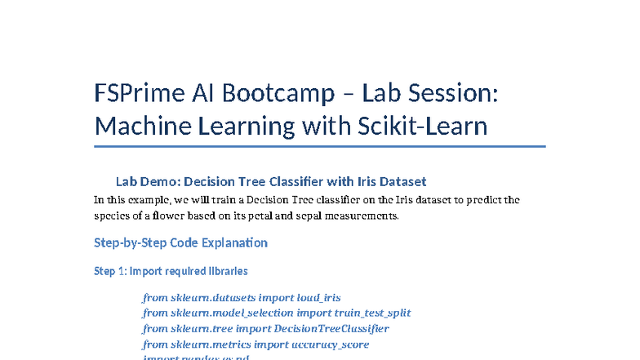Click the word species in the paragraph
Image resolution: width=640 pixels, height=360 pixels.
click(113, 216)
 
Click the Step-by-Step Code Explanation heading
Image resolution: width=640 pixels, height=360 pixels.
click(180, 242)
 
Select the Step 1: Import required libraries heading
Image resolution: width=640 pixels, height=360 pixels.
click(171, 271)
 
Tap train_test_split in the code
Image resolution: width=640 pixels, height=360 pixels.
click(372, 313)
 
